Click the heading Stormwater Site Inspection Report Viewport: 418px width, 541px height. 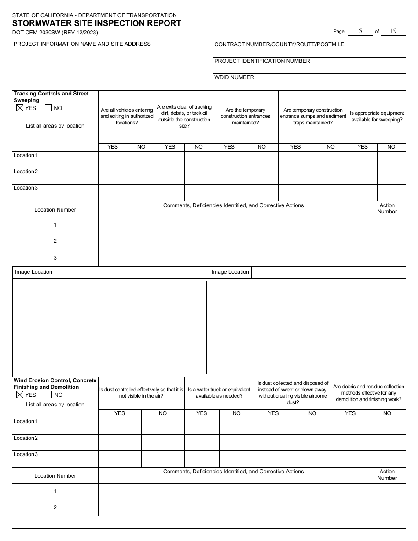click(96, 24)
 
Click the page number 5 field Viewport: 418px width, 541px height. click(360, 31)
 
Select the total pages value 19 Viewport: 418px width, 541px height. click(393, 31)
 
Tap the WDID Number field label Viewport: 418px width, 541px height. click(234, 77)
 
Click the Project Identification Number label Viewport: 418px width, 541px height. click(262, 61)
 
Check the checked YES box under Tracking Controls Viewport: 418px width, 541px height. click(19, 108)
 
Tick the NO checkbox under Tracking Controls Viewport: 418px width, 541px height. click(48, 108)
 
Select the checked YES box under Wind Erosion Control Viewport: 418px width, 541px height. click(19, 395)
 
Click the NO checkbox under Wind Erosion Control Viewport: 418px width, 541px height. click(48, 395)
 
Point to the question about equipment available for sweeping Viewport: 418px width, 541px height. click(377, 117)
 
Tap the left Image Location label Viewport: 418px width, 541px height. click(33, 272)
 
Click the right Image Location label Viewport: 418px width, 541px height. click(230, 272)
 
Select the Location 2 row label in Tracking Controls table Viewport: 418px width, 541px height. click(26, 172)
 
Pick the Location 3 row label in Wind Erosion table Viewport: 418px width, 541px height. click(26, 454)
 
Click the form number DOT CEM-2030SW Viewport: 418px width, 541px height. click(55, 33)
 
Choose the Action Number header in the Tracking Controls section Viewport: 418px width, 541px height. click(387, 208)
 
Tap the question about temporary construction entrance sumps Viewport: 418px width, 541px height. click(313, 117)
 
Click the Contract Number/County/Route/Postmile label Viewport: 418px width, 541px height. click(279, 44)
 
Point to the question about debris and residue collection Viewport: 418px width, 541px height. click(368, 393)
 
